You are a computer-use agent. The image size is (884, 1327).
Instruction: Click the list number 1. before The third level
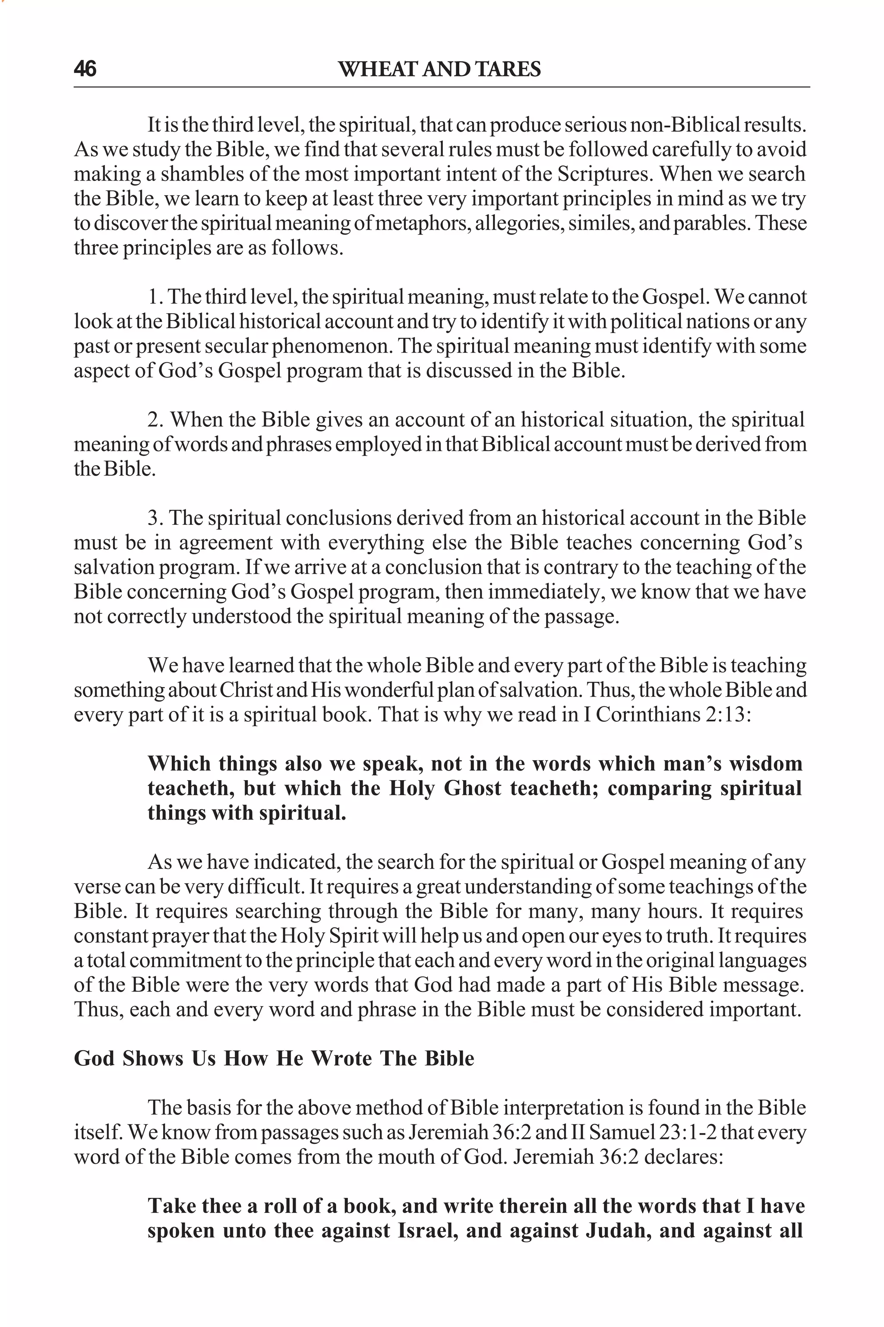pyautogui.click(x=155, y=297)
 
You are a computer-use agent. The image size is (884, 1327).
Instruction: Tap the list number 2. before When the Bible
pyautogui.click(x=156, y=420)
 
